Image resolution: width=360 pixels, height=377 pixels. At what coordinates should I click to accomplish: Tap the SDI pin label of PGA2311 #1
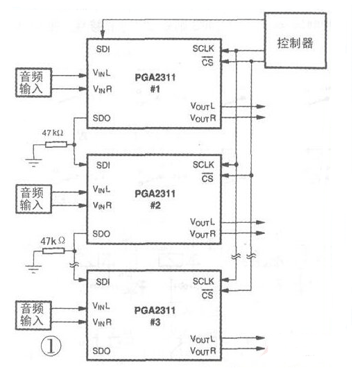click(x=103, y=49)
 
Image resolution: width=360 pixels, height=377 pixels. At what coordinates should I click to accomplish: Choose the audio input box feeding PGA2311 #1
click(x=35, y=81)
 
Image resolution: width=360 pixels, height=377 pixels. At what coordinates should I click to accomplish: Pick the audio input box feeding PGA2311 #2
click(x=35, y=196)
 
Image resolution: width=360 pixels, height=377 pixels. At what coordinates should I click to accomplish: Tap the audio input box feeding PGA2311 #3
click(x=35, y=312)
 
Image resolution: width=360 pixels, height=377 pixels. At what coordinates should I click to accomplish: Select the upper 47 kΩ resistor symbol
click(x=56, y=144)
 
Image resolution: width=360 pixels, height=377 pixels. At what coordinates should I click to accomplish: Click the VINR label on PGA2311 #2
click(x=103, y=205)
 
